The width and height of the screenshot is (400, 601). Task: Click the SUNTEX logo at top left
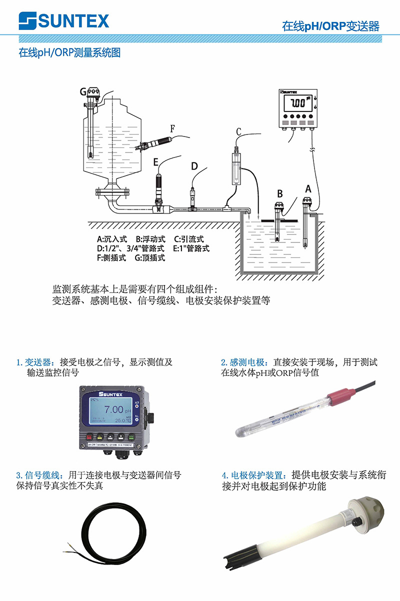pyautogui.click(x=63, y=21)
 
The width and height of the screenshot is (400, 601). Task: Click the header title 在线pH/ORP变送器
pyautogui.click(x=330, y=26)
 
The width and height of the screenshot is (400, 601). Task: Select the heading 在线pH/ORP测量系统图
pyautogui.click(x=69, y=52)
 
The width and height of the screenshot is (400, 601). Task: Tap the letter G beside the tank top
pyautogui.click(x=83, y=91)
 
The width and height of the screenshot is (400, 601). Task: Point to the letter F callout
pyautogui.click(x=172, y=128)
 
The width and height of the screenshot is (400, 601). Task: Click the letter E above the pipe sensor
pyautogui.click(x=156, y=161)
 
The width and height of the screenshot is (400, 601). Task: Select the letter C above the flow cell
pyautogui.click(x=238, y=131)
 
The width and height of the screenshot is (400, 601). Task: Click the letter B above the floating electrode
pyautogui.click(x=280, y=193)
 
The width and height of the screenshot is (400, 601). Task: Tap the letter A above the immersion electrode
pyautogui.click(x=308, y=189)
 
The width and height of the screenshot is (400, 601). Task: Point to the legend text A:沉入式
pyautogui.click(x=112, y=239)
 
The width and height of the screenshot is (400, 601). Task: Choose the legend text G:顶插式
pyautogui.click(x=150, y=258)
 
